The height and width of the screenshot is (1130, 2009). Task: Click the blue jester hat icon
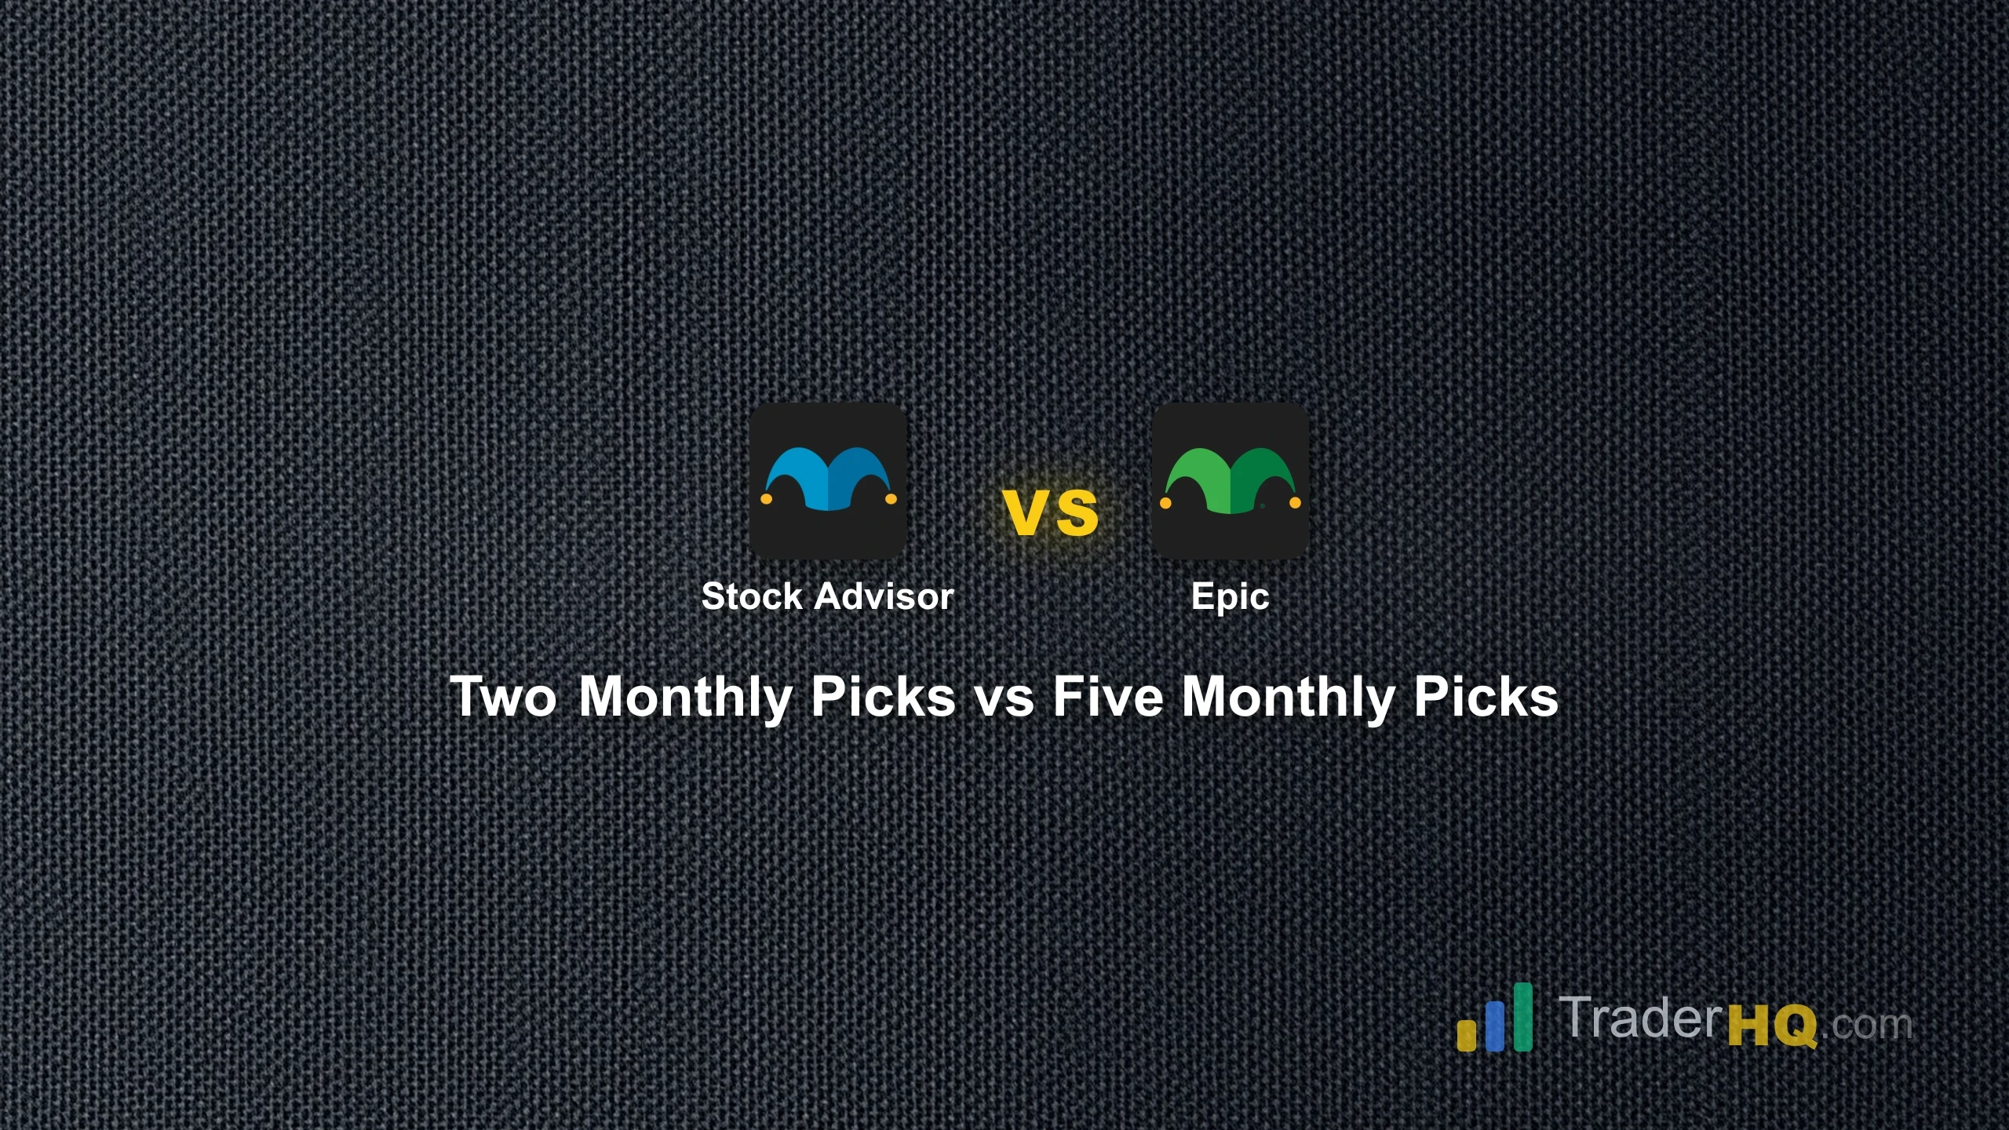[828, 480]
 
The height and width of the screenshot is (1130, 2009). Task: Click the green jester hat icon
[1230, 480]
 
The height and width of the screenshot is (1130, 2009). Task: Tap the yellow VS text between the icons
[1051, 513]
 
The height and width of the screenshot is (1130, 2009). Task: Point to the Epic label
[1230, 597]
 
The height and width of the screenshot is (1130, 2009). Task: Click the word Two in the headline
[503, 697]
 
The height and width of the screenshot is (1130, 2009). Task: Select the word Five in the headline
[1108, 697]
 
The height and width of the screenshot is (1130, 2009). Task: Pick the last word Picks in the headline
[1486, 697]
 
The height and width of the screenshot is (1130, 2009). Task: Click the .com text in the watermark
[1867, 1024]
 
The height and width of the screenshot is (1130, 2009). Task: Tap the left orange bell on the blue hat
[767, 498]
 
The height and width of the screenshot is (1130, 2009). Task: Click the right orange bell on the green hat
[1295, 502]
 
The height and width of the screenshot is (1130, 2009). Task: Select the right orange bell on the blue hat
[891, 498]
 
